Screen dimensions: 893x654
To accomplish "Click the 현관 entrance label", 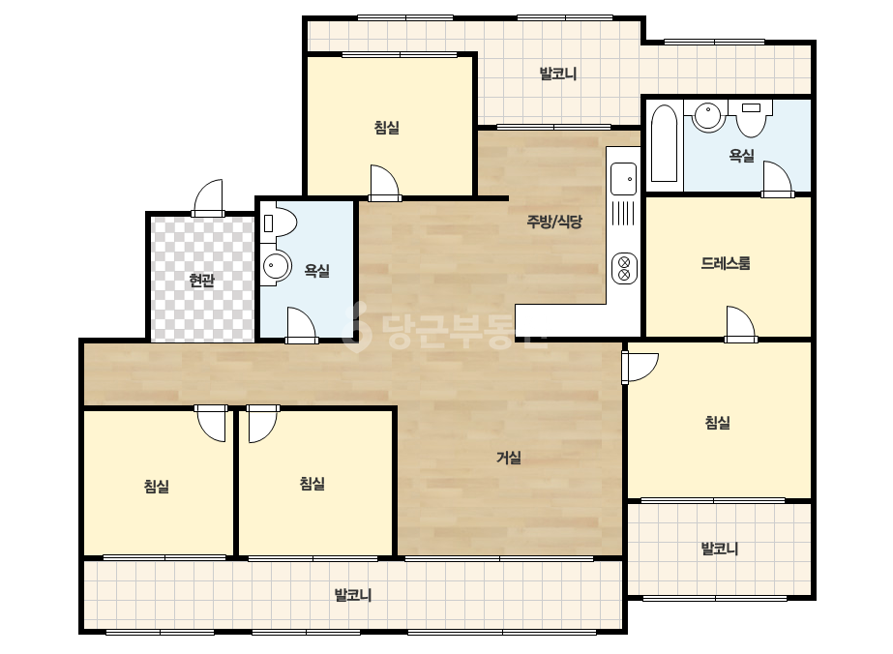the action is [x=201, y=281].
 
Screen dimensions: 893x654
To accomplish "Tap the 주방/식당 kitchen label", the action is [x=554, y=221].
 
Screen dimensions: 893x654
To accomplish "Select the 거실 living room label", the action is [x=509, y=458].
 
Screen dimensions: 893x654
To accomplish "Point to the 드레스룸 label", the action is [x=725, y=263].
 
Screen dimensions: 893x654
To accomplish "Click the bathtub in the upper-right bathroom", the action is [x=664, y=143].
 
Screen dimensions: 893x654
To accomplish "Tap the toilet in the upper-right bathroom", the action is [x=751, y=118].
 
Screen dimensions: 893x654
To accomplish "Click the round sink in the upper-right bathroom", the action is [x=708, y=116].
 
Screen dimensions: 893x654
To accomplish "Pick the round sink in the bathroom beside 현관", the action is [x=276, y=266].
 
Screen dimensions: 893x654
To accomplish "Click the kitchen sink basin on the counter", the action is [x=624, y=178].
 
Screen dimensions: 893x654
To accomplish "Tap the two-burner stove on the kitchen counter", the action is [x=624, y=268].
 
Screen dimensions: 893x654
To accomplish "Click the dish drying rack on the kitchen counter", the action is [x=624, y=213].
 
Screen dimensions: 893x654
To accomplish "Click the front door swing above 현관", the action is [x=208, y=197].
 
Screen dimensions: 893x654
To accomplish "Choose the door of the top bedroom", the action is [x=384, y=183].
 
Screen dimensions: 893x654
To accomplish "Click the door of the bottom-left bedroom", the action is [x=211, y=424].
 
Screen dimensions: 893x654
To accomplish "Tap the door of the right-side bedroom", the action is [x=640, y=368].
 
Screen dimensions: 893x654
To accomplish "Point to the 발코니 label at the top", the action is [x=558, y=74].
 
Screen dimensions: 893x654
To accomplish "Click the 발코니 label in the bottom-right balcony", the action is [x=719, y=549].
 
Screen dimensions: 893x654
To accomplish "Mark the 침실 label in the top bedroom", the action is [x=387, y=127].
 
